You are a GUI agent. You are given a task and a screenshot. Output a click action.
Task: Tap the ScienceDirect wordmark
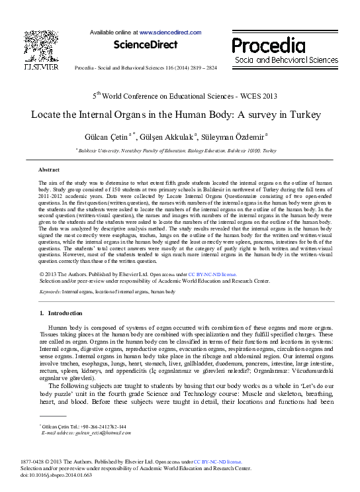146,45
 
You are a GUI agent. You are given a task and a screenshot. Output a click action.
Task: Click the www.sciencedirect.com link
163,32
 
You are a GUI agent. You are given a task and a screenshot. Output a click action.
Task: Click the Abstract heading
49,170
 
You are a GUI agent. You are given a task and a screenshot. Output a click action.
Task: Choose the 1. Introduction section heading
61,313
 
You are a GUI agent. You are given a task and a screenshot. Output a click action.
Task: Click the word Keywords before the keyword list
50,291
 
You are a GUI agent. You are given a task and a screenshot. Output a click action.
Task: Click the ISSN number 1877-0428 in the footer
52,462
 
